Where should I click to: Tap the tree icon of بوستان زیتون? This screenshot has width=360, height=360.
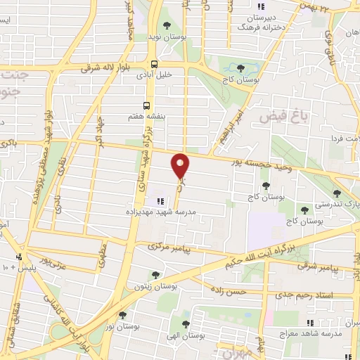pos(155,274)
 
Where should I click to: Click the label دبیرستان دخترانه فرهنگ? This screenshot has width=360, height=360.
pos(262,22)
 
